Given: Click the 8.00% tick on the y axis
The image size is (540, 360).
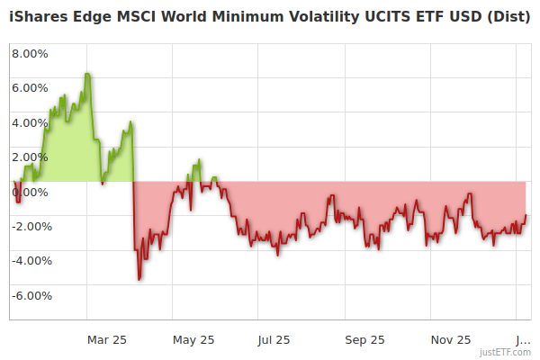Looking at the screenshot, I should (x=30, y=53).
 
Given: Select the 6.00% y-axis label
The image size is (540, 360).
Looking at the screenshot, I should (x=30, y=88).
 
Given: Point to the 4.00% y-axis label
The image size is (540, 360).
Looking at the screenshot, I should (x=30, y=123).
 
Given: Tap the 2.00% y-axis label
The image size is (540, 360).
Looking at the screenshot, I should (x=30, y=157).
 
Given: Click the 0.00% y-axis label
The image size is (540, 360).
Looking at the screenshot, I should (x=30, y=193).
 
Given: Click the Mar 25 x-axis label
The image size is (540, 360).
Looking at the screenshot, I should (x=106, y=339).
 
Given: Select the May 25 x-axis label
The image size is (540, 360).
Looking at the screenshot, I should (x=193, y=339).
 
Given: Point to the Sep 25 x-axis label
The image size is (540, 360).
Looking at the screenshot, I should (x=364, y=339).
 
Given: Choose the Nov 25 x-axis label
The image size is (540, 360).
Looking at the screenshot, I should (x=451, y=339).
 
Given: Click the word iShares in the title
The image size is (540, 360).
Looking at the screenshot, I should (x=40, y=17).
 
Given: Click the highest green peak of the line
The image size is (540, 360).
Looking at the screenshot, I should (x=87, y=74).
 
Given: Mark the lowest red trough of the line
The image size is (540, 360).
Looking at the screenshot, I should (x=139, y=279).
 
